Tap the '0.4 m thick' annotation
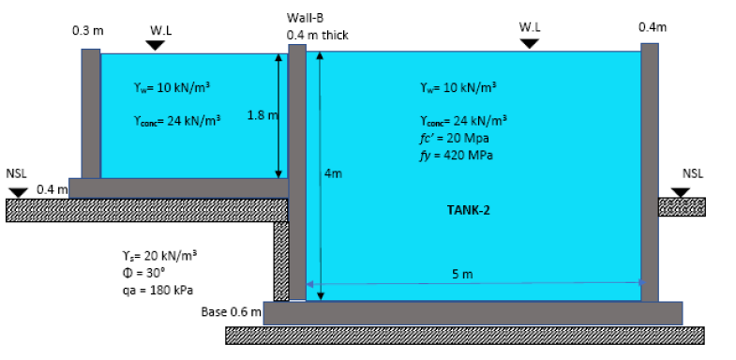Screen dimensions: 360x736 tap(318, 35)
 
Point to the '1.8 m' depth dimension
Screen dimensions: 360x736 tap(260, 115)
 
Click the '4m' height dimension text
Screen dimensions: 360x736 tap(333, 173)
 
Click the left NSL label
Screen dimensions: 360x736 tap(17, 173)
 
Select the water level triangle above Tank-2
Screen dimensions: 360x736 tap(531, 43)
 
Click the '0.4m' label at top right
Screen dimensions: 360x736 tap(652, 27)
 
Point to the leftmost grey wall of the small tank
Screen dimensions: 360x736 tap(90, 112)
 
